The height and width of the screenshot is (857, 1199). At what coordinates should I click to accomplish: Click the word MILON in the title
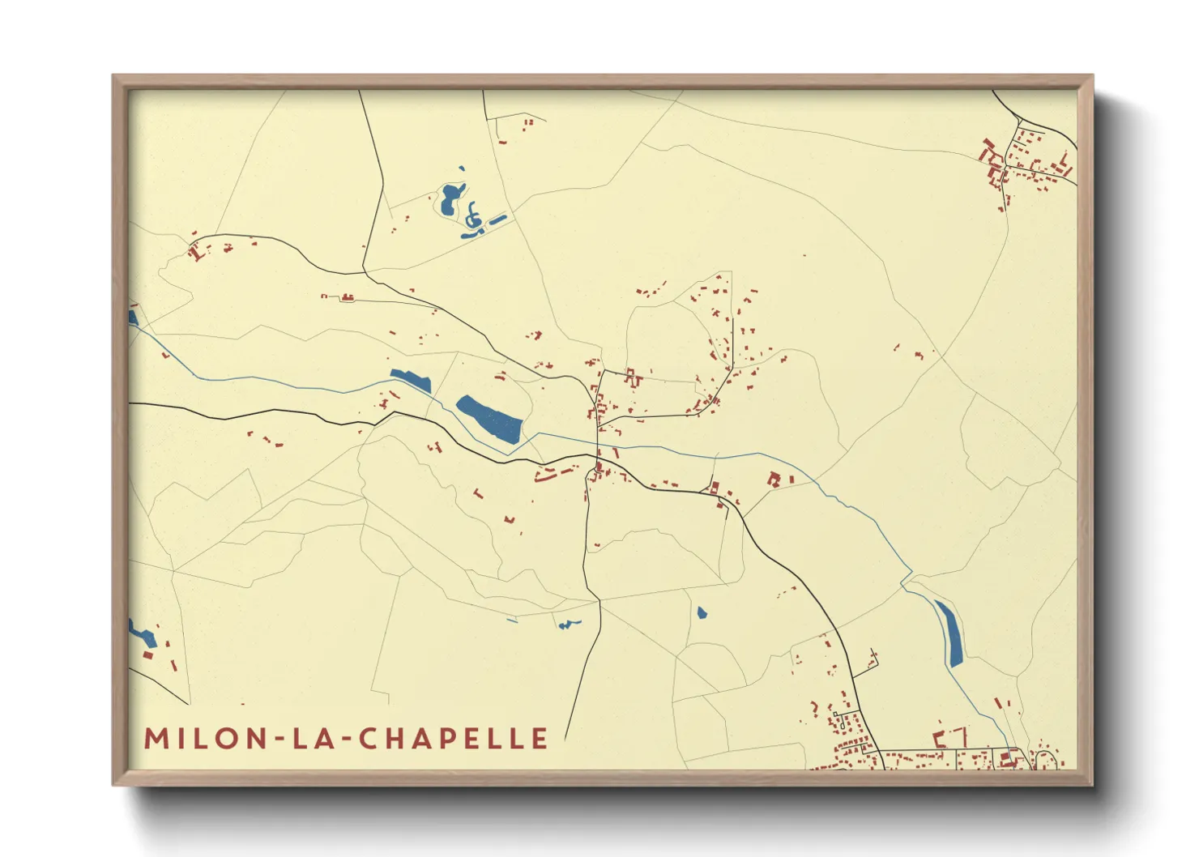204,738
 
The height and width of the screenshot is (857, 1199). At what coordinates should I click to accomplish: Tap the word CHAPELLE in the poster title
453,738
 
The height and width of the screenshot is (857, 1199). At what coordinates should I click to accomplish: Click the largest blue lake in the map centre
490,419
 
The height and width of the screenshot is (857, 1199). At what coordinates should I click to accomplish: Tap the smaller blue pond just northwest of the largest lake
411,380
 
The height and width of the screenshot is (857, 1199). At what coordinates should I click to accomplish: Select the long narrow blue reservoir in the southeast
949,633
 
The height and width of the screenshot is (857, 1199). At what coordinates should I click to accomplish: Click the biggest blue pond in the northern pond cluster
450,198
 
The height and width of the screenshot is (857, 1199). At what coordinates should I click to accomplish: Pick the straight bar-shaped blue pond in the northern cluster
497,219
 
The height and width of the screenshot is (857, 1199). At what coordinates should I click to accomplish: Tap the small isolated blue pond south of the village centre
702,612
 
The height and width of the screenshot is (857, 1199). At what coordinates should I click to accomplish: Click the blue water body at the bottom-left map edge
141,635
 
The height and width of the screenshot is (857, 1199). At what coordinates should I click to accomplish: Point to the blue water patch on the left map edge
133,318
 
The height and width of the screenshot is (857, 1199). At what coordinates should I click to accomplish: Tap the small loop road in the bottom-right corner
1046,759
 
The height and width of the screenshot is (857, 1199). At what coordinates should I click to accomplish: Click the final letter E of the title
540,738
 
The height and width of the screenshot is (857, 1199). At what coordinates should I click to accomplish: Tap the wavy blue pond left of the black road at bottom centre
568,624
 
